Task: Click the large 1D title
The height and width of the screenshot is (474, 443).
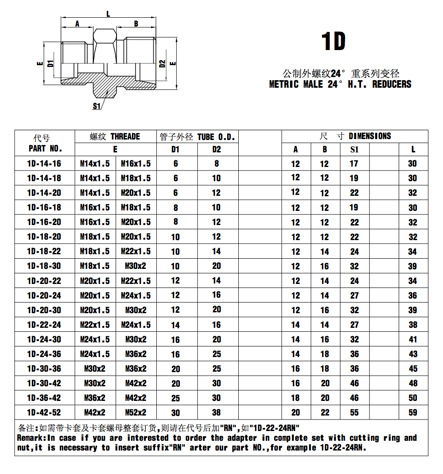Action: coord(333,42)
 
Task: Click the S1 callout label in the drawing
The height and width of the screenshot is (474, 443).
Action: coord(97,106)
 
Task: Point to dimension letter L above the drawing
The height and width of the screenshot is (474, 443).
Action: coord(108,14)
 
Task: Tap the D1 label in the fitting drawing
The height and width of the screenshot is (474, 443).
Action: coord(51,63)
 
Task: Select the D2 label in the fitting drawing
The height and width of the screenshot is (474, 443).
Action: coord(163,63)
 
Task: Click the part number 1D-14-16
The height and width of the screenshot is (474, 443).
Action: coord(44,163)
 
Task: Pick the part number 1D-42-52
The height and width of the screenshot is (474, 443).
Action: coord(44,412)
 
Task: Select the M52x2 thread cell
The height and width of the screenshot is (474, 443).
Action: coord(136,412)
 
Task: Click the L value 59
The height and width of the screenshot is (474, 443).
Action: coord(413,412)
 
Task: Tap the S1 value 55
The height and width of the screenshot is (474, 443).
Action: coord(354,412)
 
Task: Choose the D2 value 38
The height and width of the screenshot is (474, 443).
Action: coord(216,412)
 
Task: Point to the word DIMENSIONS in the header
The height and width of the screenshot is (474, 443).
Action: coord(370,136)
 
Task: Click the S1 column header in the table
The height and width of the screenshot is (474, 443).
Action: coord(354,149)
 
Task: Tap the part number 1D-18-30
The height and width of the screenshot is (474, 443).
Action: coord(44,266)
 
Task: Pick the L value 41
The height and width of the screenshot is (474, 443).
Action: coord(413,339)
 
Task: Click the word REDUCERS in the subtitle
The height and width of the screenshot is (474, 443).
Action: coord(392,84)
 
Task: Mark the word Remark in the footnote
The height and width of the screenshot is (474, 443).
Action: coord(30,438)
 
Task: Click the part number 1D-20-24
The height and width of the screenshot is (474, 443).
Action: coord(44,295)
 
